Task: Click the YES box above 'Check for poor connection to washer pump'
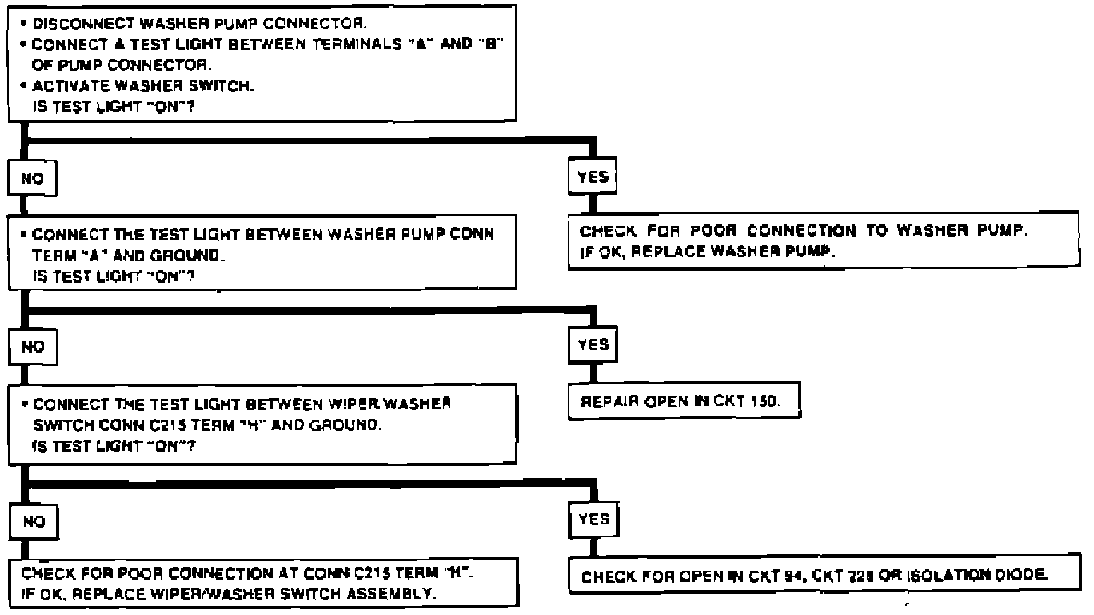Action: coord(593,178)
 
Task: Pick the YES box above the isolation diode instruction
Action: coord(593,519)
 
